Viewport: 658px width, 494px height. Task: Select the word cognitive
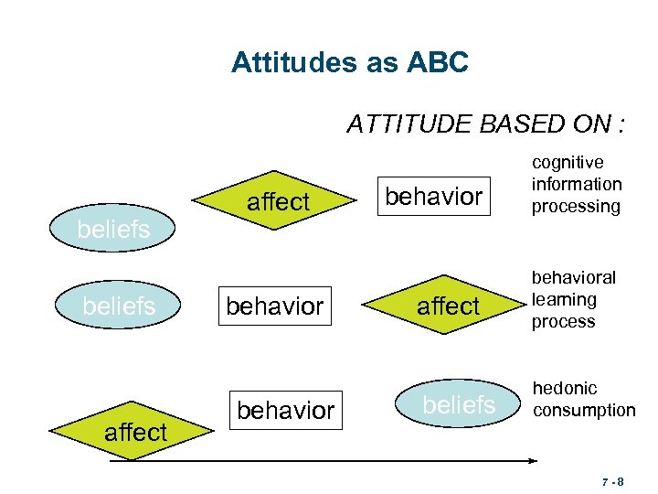(568, 163)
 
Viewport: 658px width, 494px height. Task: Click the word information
(577, 185)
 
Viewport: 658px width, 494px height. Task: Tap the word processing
(576, 207)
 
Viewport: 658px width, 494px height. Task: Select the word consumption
(584, 411)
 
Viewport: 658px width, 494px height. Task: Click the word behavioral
(573, 277)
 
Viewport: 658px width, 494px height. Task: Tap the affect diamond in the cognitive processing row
(278, 202)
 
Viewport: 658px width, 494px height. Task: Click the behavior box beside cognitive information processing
(433, 197)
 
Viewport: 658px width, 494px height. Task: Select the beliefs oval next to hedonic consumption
(460, 405)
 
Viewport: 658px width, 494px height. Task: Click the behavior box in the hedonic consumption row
(285, 411)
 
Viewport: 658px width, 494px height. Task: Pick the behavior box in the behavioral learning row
(274, 306)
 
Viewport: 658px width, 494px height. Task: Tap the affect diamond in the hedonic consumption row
(134, 432)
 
